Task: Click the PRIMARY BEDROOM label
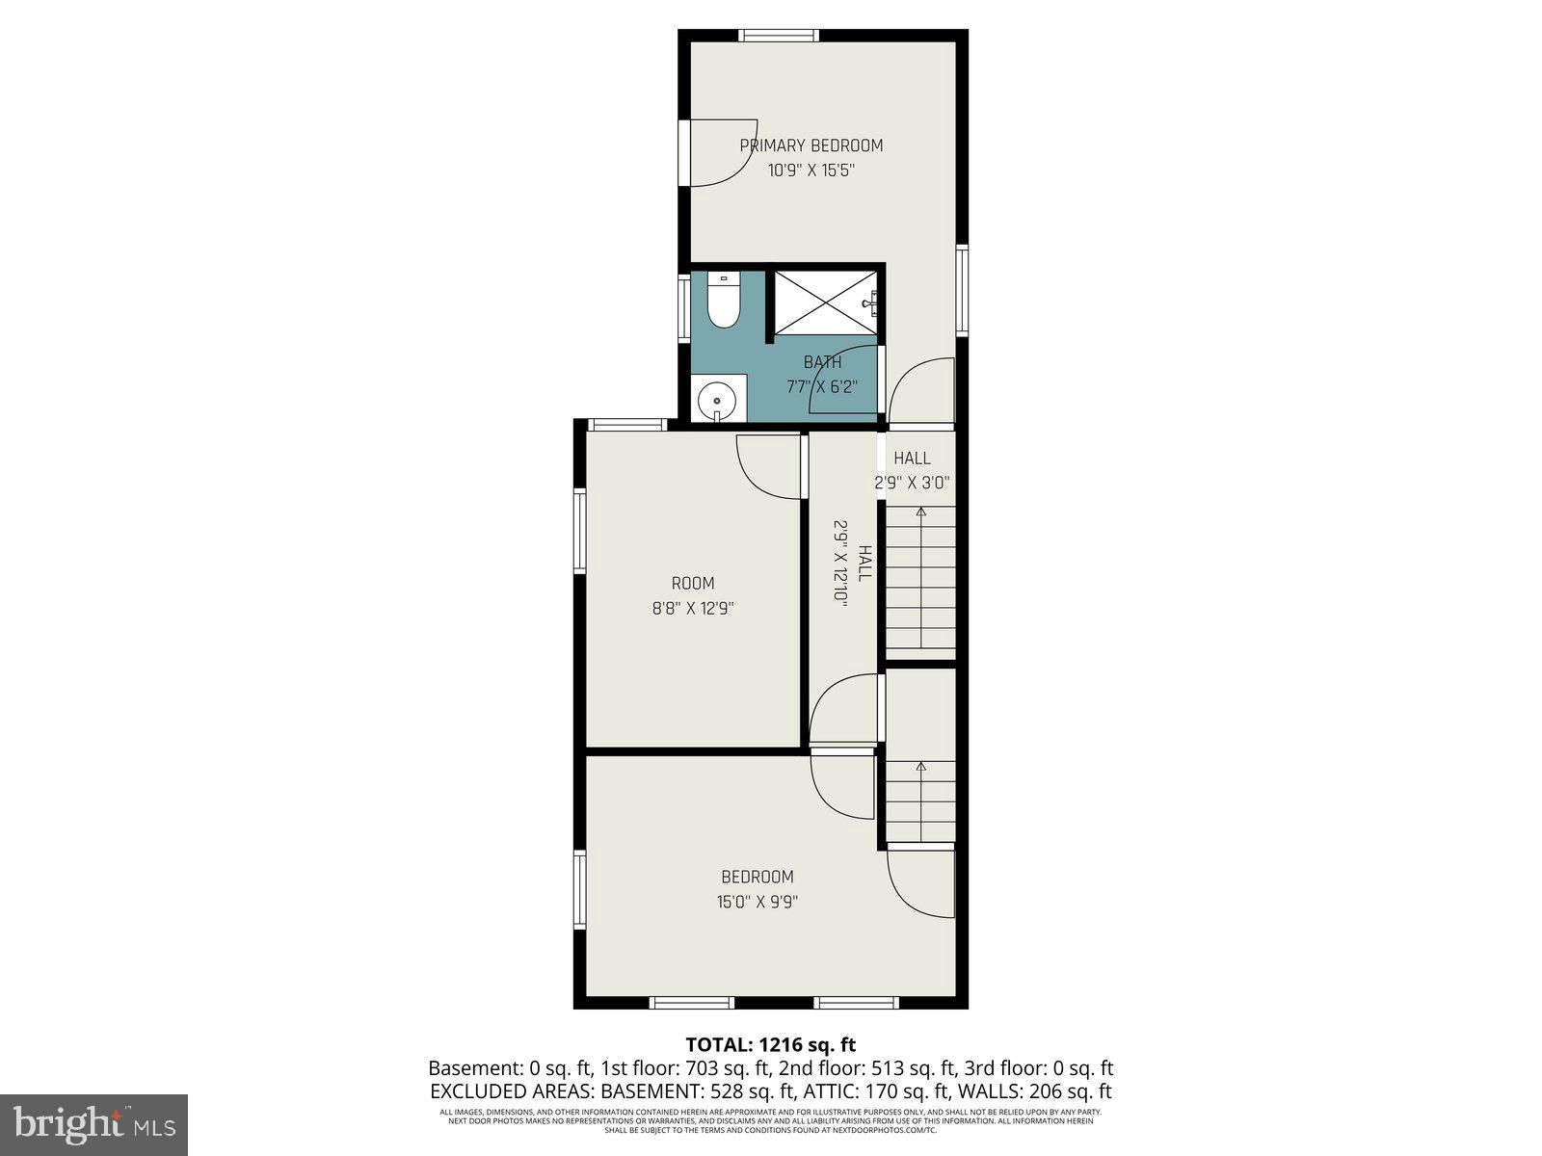pos(811,145)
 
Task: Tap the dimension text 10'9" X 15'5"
pos(811,171)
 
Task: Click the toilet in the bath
pos(722,302)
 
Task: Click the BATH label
pos(822,362)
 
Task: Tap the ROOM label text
pos(693,583)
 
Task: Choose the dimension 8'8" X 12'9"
pos(693,609)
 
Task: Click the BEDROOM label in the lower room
pos(758,877)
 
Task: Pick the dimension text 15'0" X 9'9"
pos(758,903)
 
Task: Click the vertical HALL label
pos(864,564)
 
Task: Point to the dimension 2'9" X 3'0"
pos(913,484)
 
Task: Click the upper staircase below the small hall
pos(920,578)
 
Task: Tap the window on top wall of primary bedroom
pos(779,37)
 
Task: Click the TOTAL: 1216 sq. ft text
pos(770,1044)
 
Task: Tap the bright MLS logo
pos(93,1122)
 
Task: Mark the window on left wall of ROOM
pos(580,532)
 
